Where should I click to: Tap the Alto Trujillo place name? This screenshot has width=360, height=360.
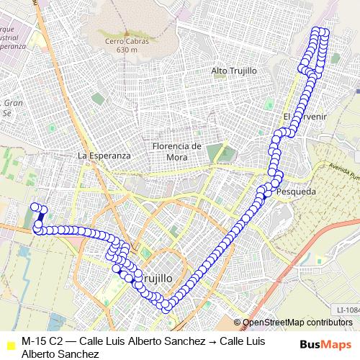point(234,71)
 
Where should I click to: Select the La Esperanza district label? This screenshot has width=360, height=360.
point(104,156)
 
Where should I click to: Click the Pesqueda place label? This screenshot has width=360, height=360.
point(295,192)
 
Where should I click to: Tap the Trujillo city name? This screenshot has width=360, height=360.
point(167,276)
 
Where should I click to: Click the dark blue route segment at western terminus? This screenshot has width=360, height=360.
point(40,215)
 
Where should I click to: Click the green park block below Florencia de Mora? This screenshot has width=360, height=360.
point(215,153)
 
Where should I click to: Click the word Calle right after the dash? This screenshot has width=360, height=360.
point(93,341)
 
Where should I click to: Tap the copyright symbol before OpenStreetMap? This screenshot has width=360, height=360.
point(239,323)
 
